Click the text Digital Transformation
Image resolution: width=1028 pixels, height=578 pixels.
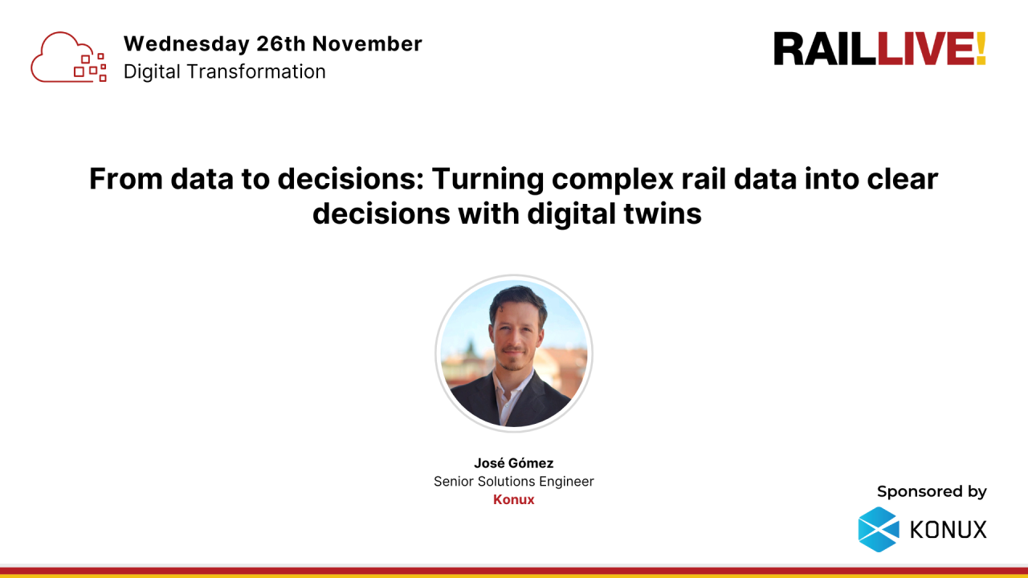(224, 71)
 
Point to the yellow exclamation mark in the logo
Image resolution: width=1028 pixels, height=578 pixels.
(981, 49)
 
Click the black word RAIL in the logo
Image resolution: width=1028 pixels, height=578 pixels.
(825, 49)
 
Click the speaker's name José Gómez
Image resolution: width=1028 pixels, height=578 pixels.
(513, 463)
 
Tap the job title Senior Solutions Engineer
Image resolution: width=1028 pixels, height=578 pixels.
(513, 482)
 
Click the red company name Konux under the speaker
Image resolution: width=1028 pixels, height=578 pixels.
(513, 499)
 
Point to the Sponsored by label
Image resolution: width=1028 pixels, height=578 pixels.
(932, 491)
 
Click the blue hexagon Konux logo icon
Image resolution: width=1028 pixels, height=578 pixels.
(879, 529)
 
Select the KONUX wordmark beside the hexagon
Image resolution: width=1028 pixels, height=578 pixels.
(948, 530)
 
